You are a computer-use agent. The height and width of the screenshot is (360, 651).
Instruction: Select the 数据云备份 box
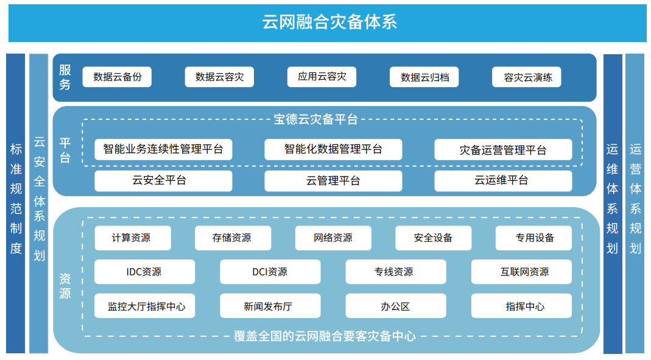[117, 77]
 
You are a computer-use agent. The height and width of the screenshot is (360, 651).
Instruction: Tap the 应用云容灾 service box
[322, 77]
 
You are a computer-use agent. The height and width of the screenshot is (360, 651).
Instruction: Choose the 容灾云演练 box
[526, 77]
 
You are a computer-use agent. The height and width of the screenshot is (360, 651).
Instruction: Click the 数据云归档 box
[424, 77]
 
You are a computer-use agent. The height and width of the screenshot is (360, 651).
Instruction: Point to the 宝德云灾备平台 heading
[315, 119]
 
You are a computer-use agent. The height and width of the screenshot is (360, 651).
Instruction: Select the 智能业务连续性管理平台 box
[163, 149]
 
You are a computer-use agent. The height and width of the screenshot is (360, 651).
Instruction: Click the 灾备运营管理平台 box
[503, 149]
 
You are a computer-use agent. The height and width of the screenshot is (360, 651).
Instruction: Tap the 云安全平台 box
[163, 181]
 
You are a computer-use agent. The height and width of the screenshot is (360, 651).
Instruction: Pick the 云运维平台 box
[503, 181]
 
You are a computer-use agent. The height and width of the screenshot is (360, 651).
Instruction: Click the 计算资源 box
[133, 238]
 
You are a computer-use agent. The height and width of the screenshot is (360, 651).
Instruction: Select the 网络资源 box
[333, 238]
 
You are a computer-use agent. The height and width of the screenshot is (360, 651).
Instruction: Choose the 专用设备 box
[533, 238]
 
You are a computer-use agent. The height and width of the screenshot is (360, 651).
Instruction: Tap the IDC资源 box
[144, 272]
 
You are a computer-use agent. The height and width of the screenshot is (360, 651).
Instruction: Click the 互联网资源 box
[521, 272]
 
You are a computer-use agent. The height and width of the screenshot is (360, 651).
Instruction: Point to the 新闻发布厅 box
[270, 306]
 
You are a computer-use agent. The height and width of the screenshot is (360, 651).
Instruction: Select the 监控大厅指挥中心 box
[144, 306]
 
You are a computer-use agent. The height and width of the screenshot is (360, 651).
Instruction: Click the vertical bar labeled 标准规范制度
[16, 203]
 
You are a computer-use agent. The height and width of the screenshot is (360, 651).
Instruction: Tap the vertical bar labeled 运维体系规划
[613, 203]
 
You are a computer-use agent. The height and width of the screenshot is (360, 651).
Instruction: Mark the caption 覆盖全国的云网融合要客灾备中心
[325, 336]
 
